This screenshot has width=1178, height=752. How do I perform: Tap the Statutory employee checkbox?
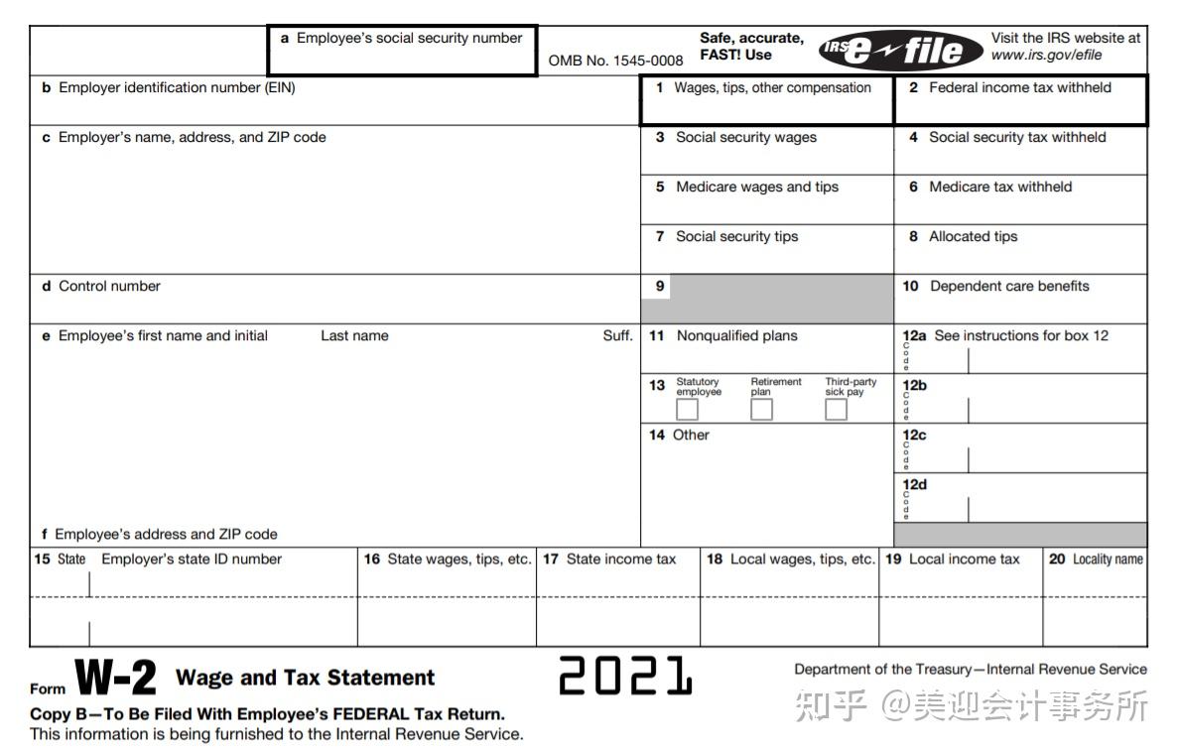click(687, 409)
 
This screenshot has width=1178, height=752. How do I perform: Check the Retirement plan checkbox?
click(761, 409)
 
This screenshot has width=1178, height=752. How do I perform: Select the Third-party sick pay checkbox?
click(837, 409)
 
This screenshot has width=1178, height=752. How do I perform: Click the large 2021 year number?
click(625, 676)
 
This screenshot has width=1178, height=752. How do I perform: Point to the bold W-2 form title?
click(116, 679)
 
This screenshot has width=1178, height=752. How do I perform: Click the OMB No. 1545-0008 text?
click(615, 61)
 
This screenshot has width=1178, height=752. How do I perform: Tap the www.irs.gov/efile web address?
click(1046, 55)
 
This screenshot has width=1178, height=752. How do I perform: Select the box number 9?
click(660, 287)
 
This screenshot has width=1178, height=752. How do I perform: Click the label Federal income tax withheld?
click(1019, 87)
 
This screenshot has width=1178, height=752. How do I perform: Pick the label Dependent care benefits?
click(1008, 287)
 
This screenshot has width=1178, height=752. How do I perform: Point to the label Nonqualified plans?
click(736, 336)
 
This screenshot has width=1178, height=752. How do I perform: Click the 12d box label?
click(914, 485)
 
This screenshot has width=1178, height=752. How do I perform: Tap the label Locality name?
click(1107, 560)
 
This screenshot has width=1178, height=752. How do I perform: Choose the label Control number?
click(108, 287)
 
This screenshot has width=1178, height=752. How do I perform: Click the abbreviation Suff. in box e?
click(617, 336)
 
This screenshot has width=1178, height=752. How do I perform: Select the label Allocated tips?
click(973, 237)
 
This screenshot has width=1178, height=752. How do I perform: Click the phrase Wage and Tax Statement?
click(305, 678)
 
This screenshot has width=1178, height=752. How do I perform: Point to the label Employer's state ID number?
click(191, 560)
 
